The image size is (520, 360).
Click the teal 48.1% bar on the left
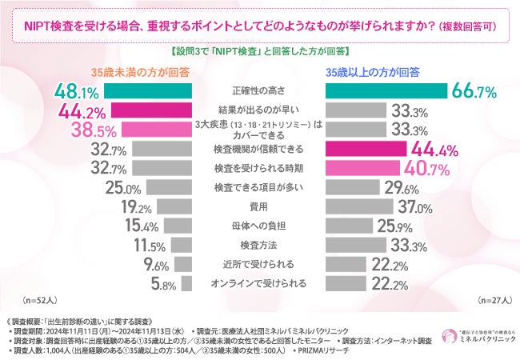[x=147, y=90]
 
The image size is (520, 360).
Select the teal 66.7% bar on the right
[x=388, y=90]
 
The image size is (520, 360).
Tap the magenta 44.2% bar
[x=150, y=110]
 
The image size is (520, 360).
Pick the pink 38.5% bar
[x=155, y=129]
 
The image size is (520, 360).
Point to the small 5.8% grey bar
[x=186, y=283]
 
